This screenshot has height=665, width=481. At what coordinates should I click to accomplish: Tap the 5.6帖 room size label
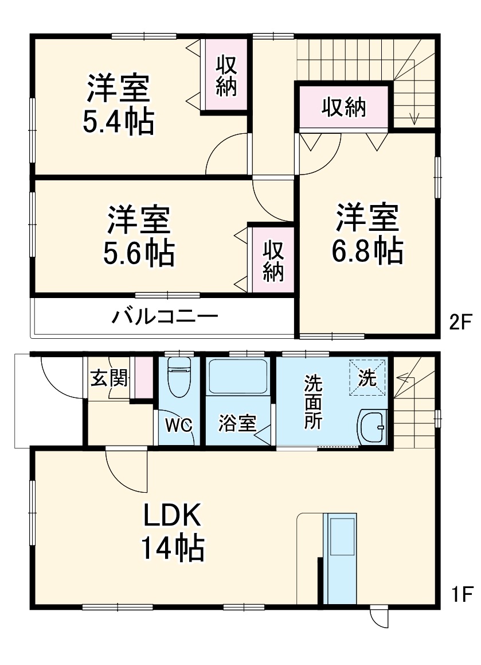click(139, 252)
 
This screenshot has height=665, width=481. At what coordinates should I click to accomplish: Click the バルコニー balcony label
click(165, 316)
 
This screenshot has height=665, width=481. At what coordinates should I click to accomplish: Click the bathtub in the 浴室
click(237, 376)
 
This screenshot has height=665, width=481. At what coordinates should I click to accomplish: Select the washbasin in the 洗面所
click(373, 427)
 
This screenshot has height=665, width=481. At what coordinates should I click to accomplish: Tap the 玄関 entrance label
click(108, 379)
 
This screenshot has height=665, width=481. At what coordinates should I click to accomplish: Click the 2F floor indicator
click(460, 323)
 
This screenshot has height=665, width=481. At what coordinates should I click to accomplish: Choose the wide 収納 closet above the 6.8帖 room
click(343, 107)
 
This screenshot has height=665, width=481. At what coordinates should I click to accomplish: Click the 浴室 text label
click(237, 424)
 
